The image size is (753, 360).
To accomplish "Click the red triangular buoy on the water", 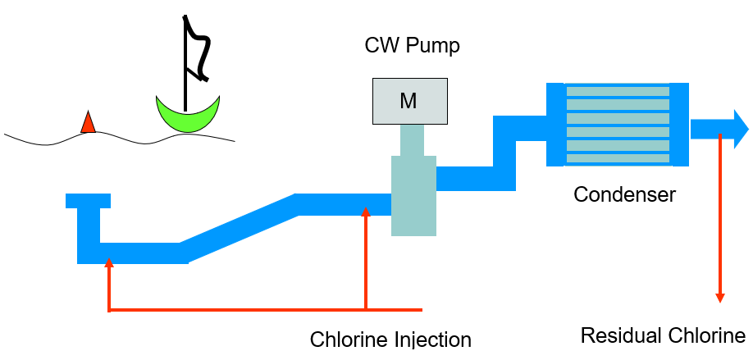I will [x=88, y=123].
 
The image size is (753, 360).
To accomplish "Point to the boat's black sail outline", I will [x=197, y=49].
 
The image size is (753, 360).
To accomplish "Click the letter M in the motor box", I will [x=408, y=101].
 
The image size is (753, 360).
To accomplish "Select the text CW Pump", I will [x=412, y=46].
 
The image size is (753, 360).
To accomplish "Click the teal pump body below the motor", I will [x=413, y=197].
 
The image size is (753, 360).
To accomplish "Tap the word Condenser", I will [x=624, y=194].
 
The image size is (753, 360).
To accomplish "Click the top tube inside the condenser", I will [x=617, y=91].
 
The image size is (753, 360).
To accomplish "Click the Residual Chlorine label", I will [x=663, y=335].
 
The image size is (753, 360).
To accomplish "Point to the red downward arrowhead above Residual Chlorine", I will [x=720, y=297].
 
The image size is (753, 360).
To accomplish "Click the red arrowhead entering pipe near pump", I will [x=366, y=212].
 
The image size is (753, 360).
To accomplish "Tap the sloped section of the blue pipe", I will [x=238, y=224].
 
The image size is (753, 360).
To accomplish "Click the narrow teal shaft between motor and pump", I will [x=412, y=140].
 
